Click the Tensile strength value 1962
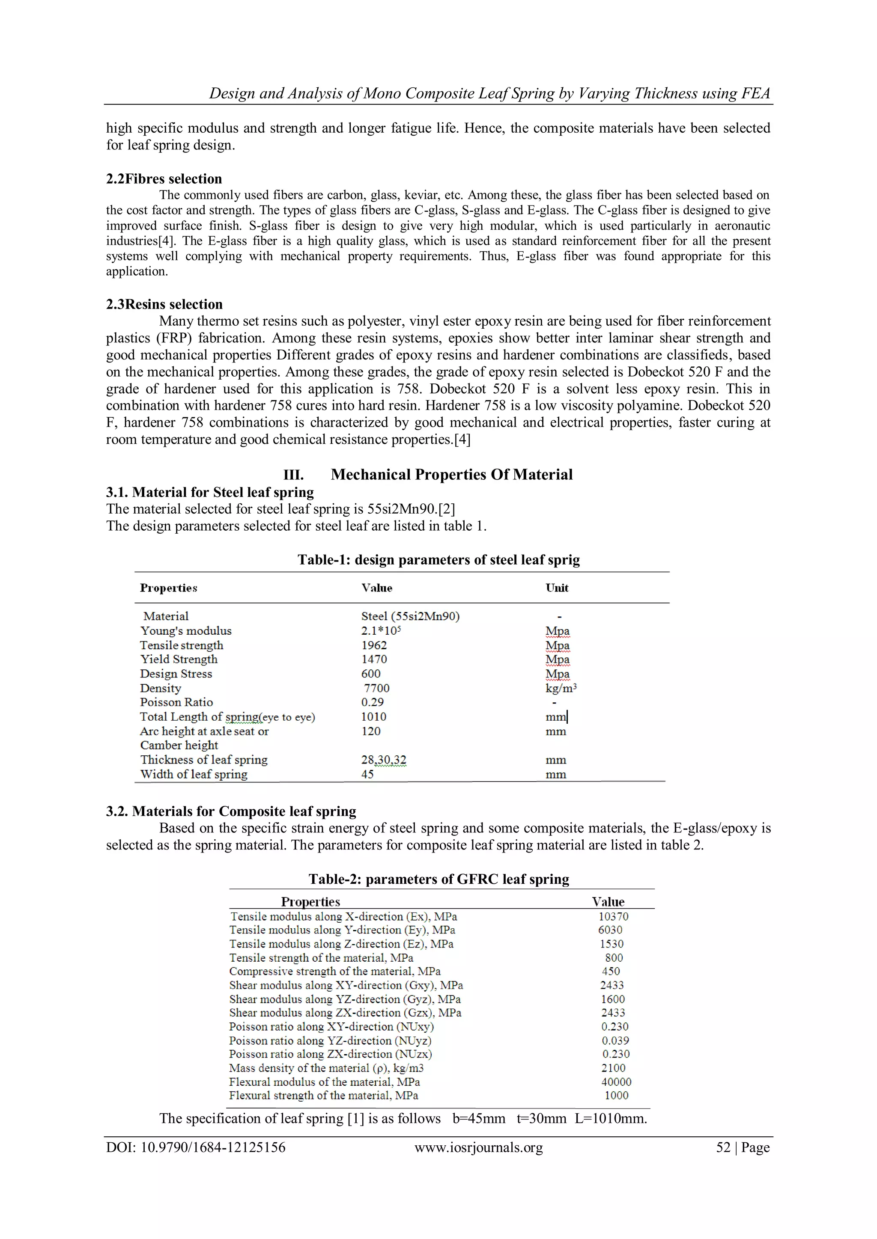[374, 645]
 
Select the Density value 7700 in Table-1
[376, 688]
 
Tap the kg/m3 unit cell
[561, 688]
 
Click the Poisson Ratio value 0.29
[372, 702]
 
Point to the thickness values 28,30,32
[383, 760]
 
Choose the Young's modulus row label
[186, 631]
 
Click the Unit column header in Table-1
[557, 588]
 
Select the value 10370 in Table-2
[614, 916]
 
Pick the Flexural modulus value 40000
[616, 1082]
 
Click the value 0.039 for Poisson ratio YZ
[615, 1040]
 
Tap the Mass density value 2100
[614, 1068]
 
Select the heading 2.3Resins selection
[164, 304]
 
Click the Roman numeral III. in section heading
[294, 475]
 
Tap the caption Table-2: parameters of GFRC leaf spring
[438, 879]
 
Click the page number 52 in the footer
[723, 1147]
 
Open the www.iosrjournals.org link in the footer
[478, 1147]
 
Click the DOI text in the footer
[196, 1147]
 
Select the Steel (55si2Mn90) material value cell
[410, 616]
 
